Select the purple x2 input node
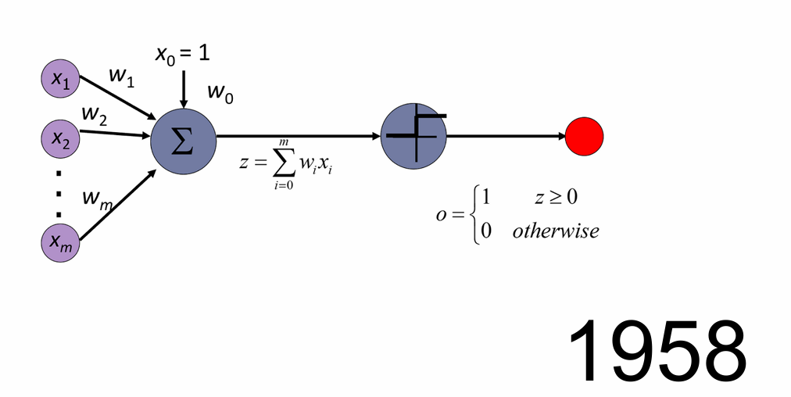coord(60,138)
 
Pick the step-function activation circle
coord(413,137)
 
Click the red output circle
coord(585,137)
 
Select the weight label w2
coord(94,115)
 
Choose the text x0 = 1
coord(182,54)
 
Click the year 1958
coord(657,350)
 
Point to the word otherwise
coord(555,231)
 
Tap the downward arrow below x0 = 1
coord(184,89)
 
